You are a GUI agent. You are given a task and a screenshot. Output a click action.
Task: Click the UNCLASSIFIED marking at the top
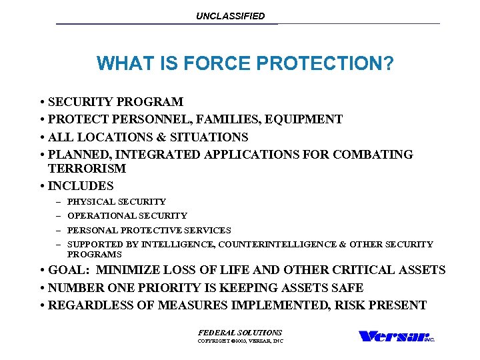click(x=230, y=16)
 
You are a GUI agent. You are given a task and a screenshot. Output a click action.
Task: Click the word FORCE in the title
click(x=203, y=63)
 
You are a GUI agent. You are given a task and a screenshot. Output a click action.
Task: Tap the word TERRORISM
click(x=87, y=169)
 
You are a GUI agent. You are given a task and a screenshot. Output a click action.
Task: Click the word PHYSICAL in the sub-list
click(x=88, y=201)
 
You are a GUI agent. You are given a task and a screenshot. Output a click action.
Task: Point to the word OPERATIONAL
click(x=99, y=216)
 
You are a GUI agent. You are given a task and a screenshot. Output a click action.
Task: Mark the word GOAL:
click(x=68, y=270)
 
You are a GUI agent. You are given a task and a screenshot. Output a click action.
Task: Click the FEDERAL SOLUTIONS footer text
click(x=240, y=333)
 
